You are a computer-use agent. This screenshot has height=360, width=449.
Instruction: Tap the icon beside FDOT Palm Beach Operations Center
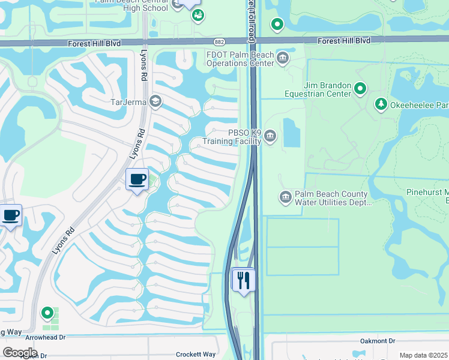tap(282, 58)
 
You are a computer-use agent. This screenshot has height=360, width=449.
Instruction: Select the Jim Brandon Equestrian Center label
tap(318, 90)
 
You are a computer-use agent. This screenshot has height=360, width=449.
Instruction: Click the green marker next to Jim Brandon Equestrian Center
tap(360, 89)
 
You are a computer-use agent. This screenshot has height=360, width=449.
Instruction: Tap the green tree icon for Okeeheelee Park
tap(381, 105)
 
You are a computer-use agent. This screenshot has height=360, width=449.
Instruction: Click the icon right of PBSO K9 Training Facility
tap(271, 137)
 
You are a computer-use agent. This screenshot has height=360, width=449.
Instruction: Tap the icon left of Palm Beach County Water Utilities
tap(285, 197)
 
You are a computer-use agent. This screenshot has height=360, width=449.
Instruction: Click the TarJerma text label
tap(128, 101)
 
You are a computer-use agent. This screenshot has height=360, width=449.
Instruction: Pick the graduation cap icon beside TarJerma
tap(155, 101)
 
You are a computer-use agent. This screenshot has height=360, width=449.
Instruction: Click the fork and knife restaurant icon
tap(244, 280)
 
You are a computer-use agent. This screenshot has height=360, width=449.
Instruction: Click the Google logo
tap(20, 352)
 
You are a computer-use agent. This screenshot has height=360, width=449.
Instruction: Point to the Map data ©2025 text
tap(423, 356)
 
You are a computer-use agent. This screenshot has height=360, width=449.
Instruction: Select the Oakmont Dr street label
tap(378, 341)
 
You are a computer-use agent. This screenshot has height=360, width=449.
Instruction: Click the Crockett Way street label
tap(196, 355)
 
